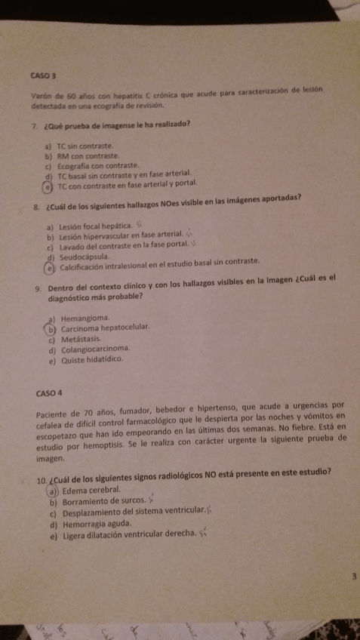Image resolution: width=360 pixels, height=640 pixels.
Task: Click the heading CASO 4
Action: (x=49, y=393)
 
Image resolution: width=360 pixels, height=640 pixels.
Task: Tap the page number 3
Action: (x=352, y=577)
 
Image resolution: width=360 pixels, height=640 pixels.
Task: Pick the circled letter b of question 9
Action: (x=52, y=328)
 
